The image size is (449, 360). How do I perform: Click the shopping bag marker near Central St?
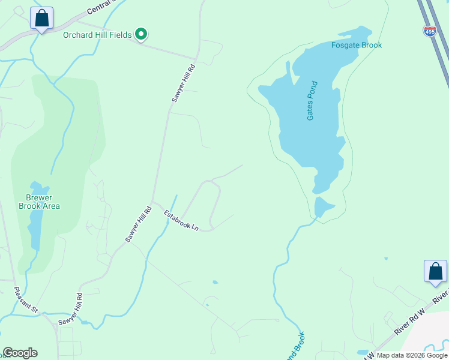pos(41,19)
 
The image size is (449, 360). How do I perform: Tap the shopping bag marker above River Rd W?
pos(435,272)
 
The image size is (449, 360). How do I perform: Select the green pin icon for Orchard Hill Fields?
pos(141,35)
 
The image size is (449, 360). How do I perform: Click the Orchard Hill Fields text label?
pos(97,35)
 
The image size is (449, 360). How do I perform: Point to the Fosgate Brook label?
pos(357,45)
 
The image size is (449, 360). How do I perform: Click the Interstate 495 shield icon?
pos(430,31)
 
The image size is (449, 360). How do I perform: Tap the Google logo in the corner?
pos(20,353)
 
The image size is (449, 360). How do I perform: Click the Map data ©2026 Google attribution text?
pos(411,355)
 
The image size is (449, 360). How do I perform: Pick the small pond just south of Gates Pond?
pos(323,207)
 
